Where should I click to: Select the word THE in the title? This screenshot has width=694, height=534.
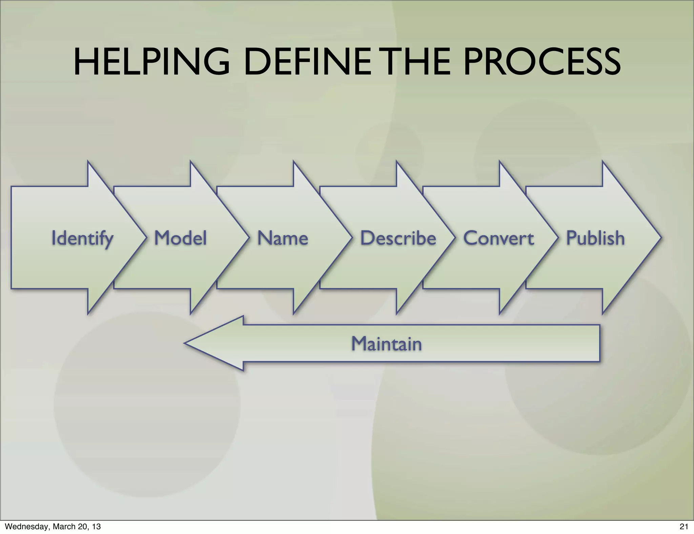coord(417,62)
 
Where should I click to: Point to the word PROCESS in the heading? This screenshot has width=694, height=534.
coord(542,62)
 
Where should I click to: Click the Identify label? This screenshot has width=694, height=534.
coord(82,238)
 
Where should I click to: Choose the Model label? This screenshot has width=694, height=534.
coord(180,238)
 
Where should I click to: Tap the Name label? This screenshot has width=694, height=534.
coord(283,238)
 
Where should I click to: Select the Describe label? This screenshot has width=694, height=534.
coord(398,238)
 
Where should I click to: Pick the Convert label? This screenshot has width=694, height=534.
coord(498,238)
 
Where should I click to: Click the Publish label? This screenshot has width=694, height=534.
coord(595,238)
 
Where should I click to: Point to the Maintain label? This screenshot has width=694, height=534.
coord(386,344)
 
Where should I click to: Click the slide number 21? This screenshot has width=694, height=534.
coord(684,527)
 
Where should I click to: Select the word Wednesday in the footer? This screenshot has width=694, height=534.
coord(26,527)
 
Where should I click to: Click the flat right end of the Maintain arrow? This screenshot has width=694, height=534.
coord(599,343)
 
